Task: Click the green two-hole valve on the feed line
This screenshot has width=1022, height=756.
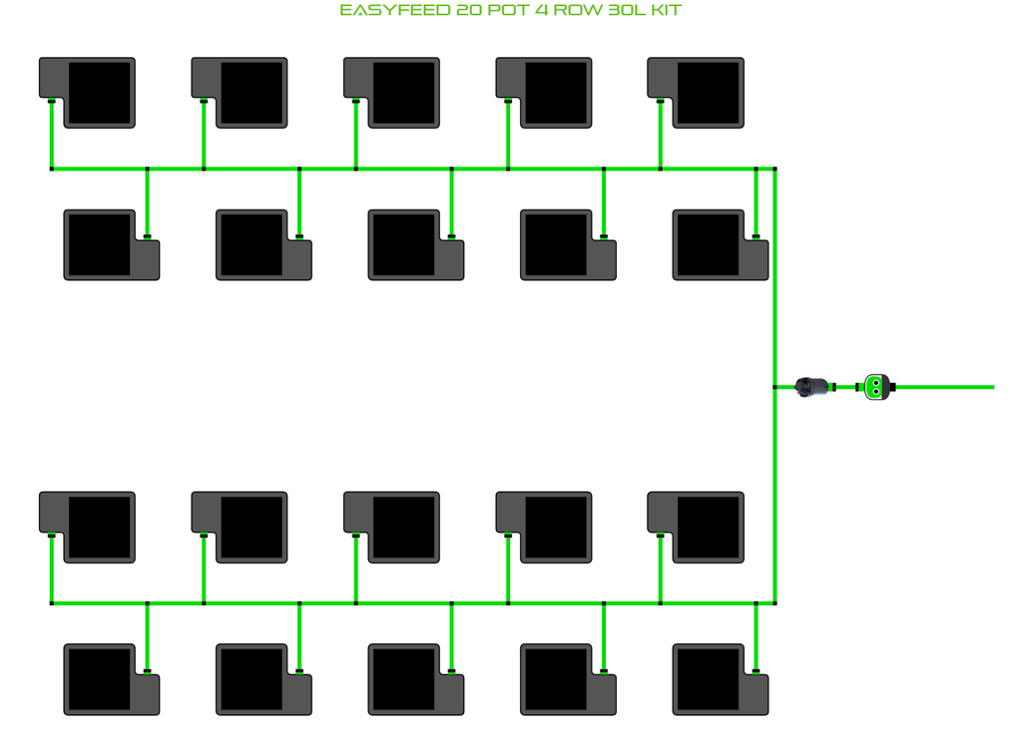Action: point(875,386)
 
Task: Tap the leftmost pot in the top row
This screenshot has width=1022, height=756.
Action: point(98,92)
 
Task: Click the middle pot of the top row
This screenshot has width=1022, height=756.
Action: point(402,92)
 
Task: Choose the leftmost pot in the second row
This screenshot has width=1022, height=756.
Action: point(100,243)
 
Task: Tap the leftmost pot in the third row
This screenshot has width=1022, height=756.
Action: point(98,526)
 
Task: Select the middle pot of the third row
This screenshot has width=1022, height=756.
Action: point(402,526)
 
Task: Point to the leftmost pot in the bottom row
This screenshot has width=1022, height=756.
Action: point(100,678)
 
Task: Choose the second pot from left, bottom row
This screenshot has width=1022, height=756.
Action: point(252,678)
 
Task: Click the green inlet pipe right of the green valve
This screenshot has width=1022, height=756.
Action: point(948,387)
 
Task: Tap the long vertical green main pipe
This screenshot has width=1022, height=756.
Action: point(775,299)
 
